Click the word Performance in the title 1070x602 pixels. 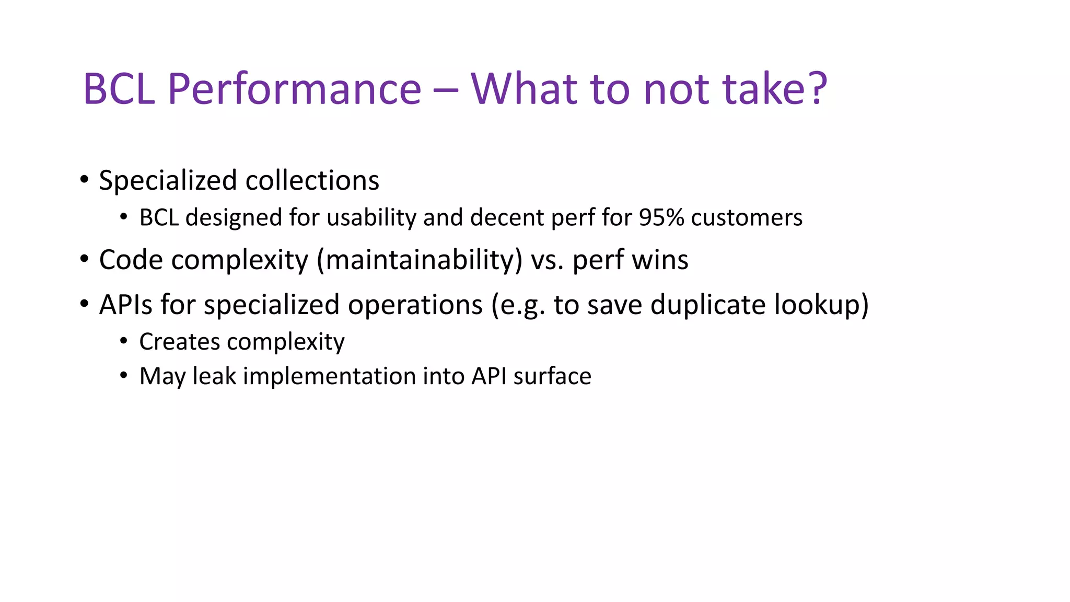294,89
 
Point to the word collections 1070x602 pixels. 312,181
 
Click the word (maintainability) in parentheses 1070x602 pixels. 420,260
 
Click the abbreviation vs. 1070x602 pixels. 547,260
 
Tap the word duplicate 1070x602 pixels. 708,305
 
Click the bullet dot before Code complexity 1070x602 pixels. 84,259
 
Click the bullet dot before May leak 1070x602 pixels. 123,375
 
